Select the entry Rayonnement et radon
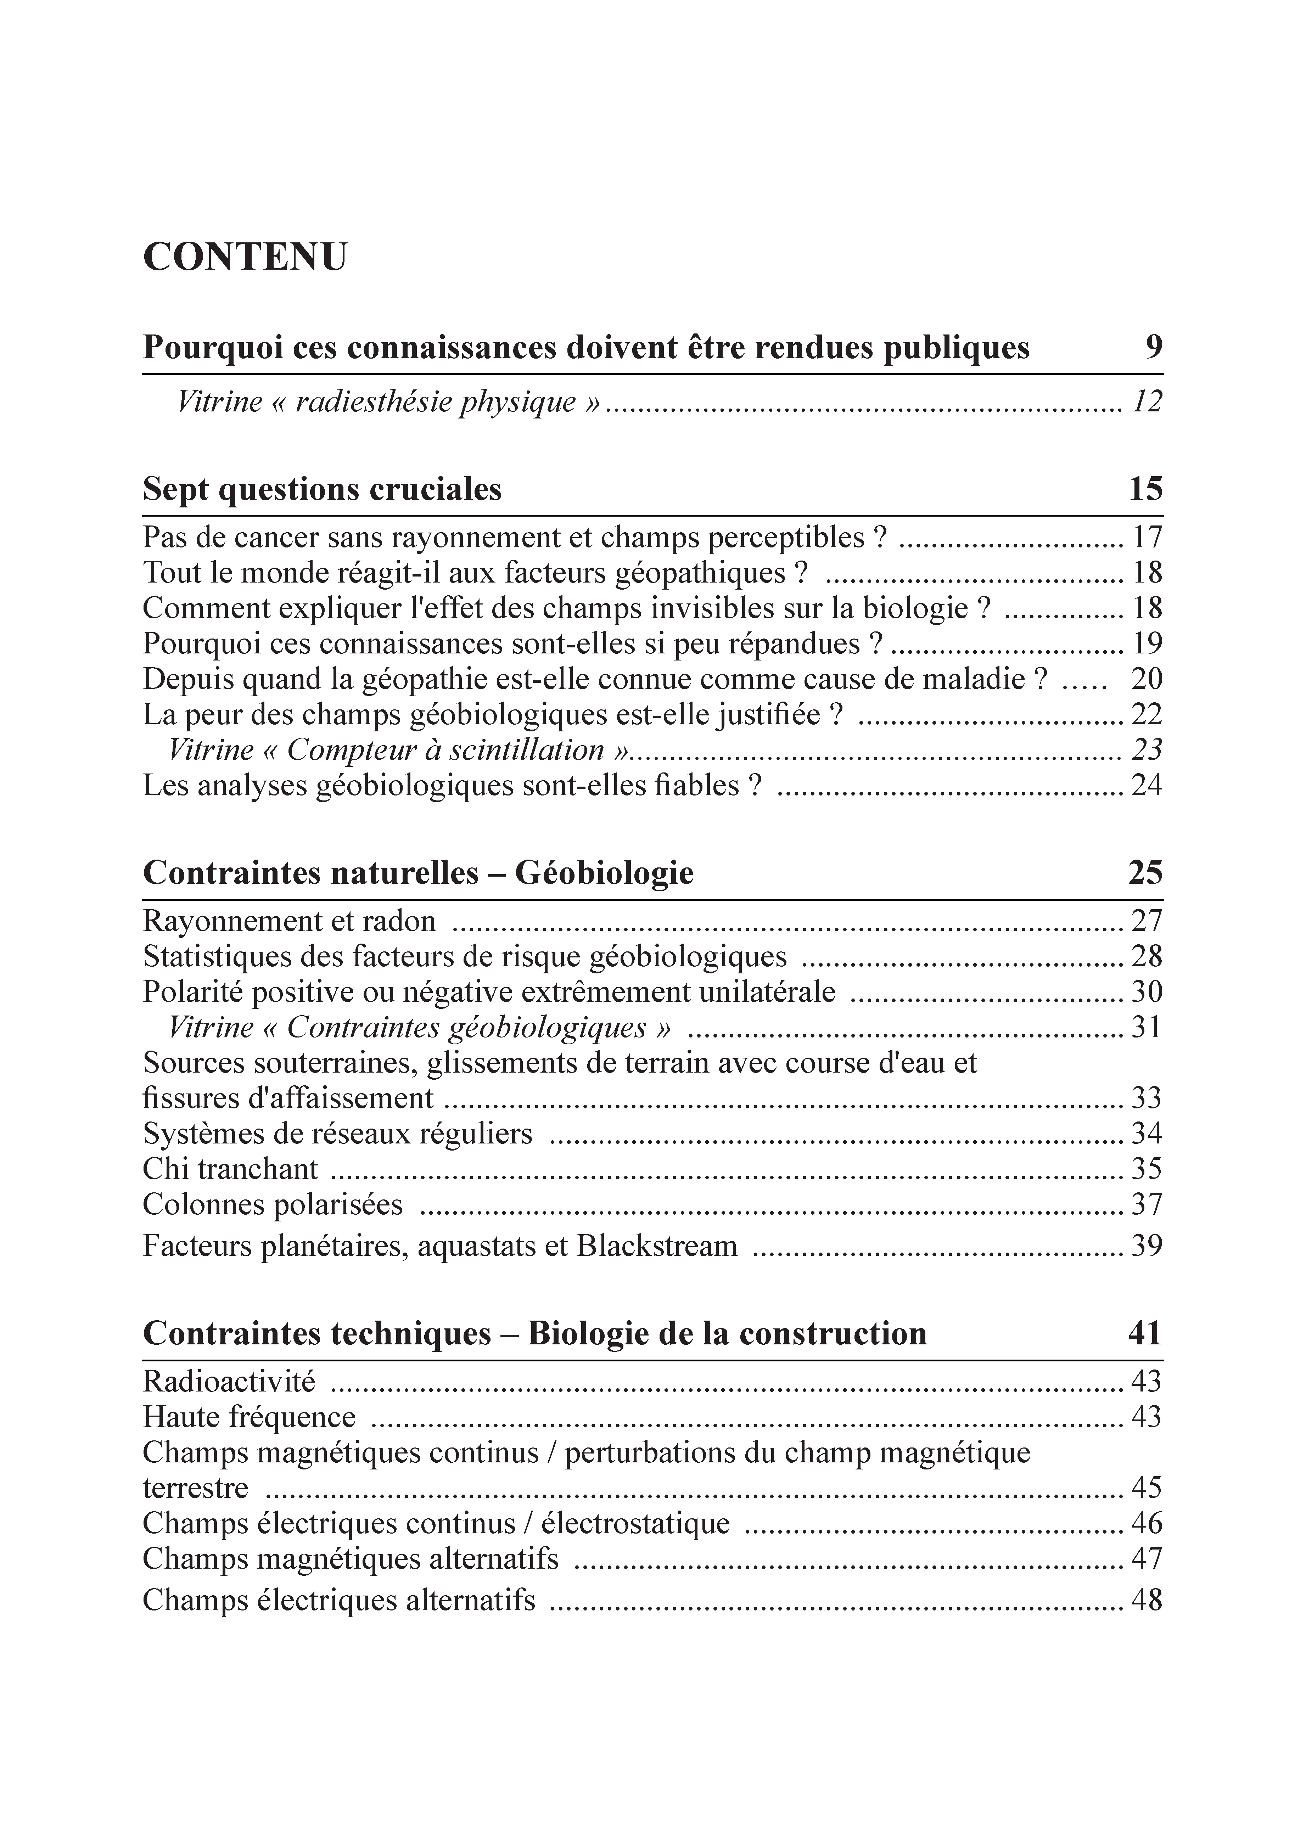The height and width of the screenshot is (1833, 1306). point(290,921)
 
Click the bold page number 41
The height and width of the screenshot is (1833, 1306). point(1145,1334)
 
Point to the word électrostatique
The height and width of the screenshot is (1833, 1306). point(635,1523)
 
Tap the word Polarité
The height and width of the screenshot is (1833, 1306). point(193,992)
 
